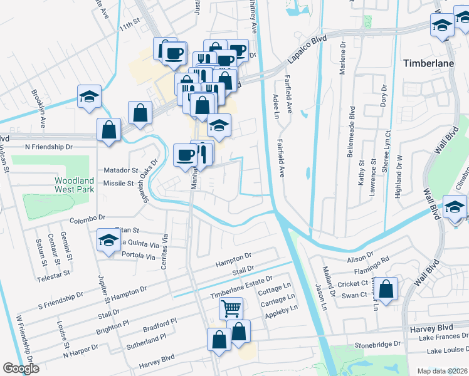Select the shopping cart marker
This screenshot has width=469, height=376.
coord(231,308)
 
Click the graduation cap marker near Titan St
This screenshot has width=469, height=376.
coord(108,240)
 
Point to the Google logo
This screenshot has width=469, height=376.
coord(21,368)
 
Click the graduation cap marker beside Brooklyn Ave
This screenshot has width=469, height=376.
coord(89,98)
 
